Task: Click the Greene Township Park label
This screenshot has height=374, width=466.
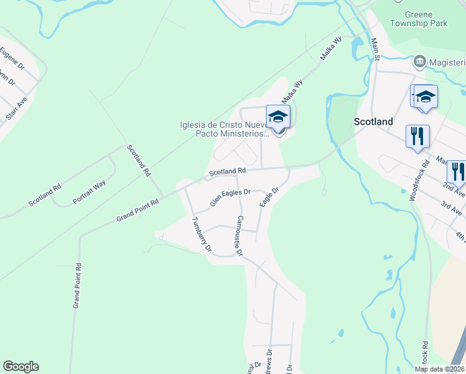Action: point(418,18)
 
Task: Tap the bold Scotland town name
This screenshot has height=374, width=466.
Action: point(373,122)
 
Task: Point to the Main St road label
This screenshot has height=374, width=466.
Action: point(375,49)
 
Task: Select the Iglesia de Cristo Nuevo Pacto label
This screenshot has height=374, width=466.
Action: point(223,128)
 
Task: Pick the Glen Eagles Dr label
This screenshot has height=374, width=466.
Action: point(230,198)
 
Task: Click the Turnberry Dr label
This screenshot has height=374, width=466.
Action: point(202,234)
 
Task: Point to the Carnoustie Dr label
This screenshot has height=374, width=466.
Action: point(238,236)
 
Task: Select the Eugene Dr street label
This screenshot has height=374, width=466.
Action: point(12,57)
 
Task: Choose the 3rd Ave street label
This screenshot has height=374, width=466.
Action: point(452,208)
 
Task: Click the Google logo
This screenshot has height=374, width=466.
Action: point(21,367)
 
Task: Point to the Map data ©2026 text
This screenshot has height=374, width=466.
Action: point(439,369)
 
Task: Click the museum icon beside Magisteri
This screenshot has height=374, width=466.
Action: point(419,62)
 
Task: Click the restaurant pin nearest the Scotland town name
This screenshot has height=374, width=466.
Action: point(417,136)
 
